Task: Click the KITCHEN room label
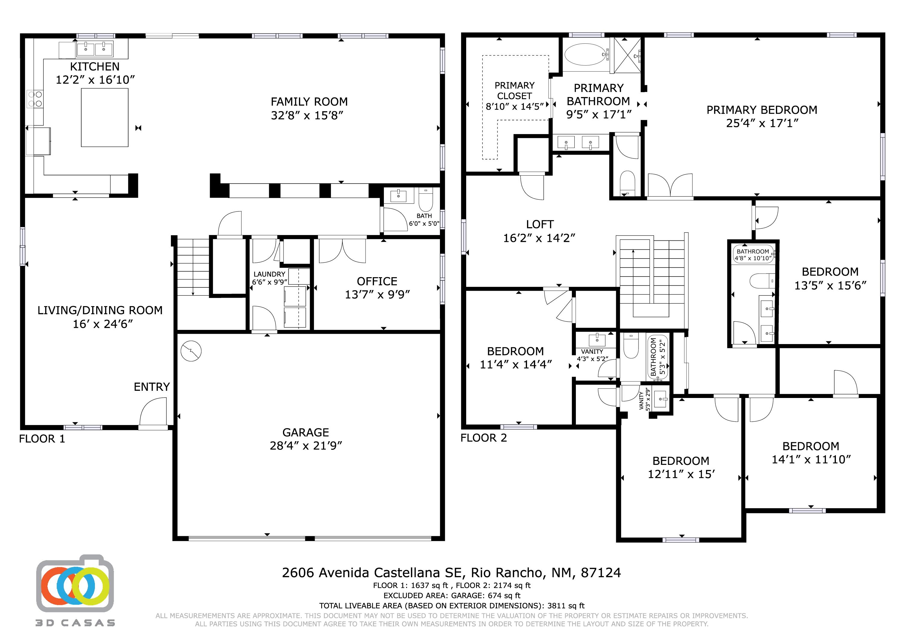[x=95, y=67]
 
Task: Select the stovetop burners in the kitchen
[x=35, y=99]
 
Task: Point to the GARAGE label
[x=306, y=432]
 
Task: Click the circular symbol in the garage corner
[x=191, y=350]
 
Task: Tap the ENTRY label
[x=152, y=387]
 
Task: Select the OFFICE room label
[x=377, y=281]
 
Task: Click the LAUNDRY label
[x=269, y=274]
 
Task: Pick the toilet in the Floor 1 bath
[x=425, y=200]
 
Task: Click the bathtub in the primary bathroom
[x=586, y=54]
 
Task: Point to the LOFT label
[x=540, y=224]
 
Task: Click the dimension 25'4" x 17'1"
[x=762, y=123]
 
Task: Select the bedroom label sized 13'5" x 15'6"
[x=830, y=272]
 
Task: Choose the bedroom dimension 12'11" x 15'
[x=681, y=474]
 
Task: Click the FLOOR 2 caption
[x=484, y=438]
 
